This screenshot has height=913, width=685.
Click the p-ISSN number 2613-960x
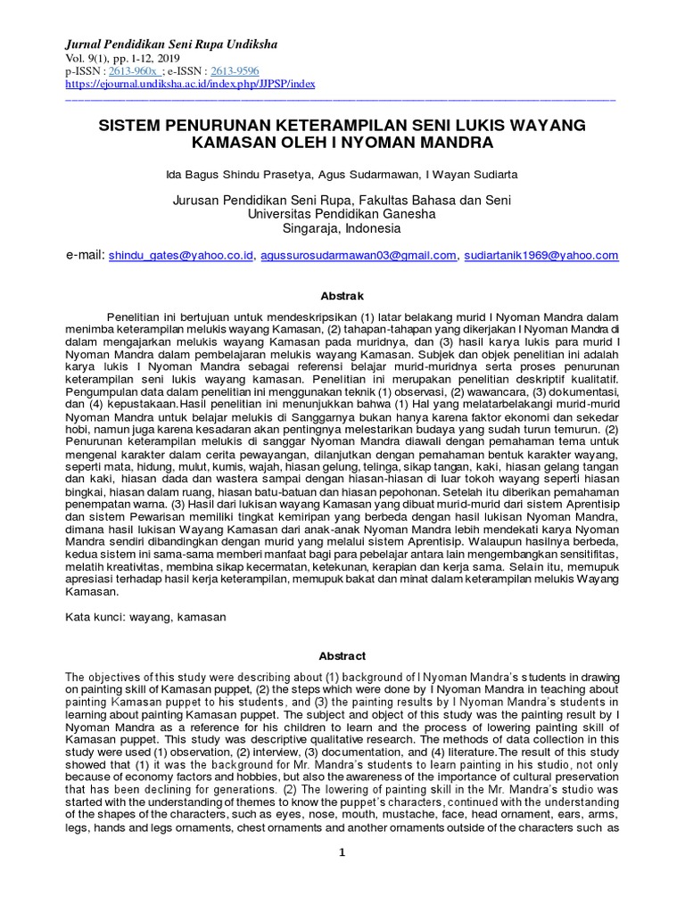tap(133, 71)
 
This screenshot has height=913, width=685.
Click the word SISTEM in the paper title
tap(134, 126)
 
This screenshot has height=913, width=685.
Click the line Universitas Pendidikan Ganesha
tap(342, 214)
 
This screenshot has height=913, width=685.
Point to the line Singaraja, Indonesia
tap(342, 228)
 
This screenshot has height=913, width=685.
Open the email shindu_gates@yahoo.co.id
tap(181, 256)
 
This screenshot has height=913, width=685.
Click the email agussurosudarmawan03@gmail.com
tap(359, 256)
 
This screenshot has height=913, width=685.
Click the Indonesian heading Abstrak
tap(342, 295)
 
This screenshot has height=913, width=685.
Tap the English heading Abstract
tap(342, 656)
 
